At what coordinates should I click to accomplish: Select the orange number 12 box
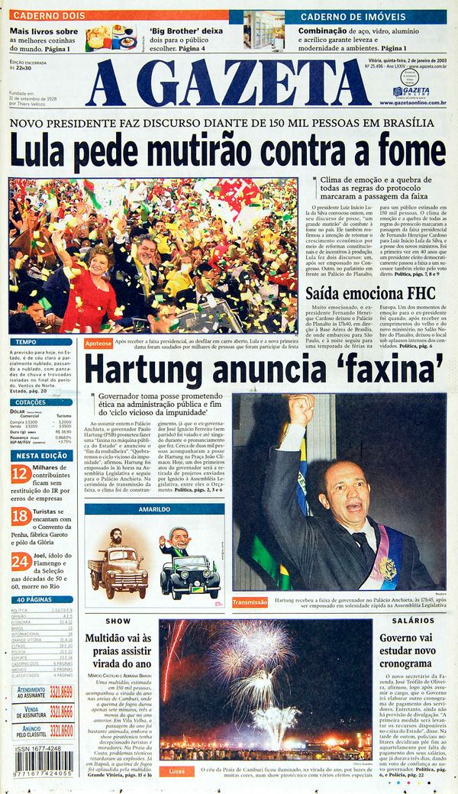[21, 474]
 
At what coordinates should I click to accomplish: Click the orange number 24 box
[21, 563]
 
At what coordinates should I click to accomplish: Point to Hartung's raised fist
[301, 410]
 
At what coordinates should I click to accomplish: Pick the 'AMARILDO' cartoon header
[153, 509]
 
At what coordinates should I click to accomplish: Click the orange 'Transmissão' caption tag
[250, 602]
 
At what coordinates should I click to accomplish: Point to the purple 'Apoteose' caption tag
[98, 344]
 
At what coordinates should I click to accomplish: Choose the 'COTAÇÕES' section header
[31, 402]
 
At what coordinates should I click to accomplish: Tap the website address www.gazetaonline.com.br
[413, 102]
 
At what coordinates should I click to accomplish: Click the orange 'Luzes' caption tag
[176, 771]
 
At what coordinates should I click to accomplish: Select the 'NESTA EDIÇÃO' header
[42, 456]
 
